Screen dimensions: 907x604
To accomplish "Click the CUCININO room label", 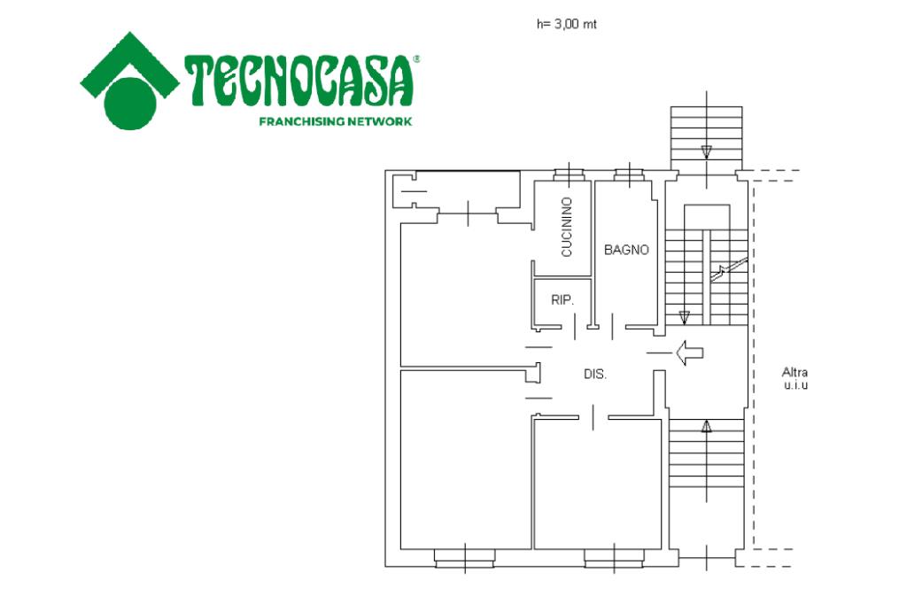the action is pos(567,227).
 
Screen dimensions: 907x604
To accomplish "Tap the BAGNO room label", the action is pos(626,250).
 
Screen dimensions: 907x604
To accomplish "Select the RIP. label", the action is pos(562,300).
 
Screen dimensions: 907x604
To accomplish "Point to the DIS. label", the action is pos(595,375).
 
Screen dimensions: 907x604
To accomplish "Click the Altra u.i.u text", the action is pos(795,378).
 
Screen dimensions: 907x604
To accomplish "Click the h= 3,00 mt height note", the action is pos(566,24).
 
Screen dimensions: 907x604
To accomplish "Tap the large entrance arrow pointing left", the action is pos(689,352).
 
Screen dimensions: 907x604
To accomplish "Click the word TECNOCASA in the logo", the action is pos(298,81).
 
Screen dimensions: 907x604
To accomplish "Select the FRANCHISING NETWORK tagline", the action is pos(336,121).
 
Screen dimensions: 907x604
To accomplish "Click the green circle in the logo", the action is pos(130,105).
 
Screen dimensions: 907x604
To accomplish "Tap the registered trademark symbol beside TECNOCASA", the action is pos(416,58).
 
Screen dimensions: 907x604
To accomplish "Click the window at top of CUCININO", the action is pos(570,174).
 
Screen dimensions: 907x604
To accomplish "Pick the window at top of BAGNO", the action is pos(628,174).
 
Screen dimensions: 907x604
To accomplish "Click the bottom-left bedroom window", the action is pos(465,557).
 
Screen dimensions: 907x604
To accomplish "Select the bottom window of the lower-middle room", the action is pos(615,557).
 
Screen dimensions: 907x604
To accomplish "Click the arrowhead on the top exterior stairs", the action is pos(706,152).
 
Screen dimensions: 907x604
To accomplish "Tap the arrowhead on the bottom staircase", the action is pos(706,427).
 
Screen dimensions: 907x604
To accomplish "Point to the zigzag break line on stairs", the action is pos(729,269).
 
